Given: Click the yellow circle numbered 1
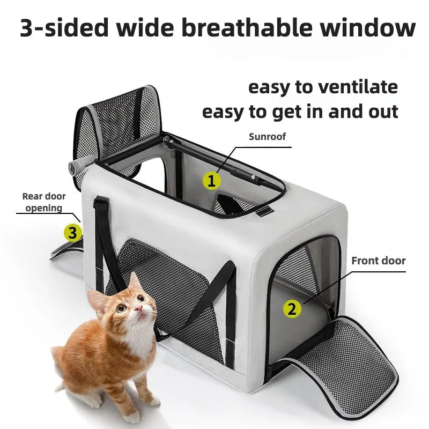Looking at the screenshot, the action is click(211, 181).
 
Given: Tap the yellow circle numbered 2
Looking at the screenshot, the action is click(292, 309).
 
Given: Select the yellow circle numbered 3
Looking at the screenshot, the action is click(73, 233).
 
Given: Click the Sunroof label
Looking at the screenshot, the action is click(267, 137).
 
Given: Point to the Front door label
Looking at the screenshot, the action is click(379, 261).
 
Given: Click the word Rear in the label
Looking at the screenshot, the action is click(32, 196).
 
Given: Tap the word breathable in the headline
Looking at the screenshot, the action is click(247, 28).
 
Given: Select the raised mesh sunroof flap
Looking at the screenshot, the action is click(118, 123).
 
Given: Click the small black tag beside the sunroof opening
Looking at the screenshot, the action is click(264, 211).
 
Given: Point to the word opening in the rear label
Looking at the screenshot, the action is click(44, 208).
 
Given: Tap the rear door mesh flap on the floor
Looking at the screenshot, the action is click(68, 257).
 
